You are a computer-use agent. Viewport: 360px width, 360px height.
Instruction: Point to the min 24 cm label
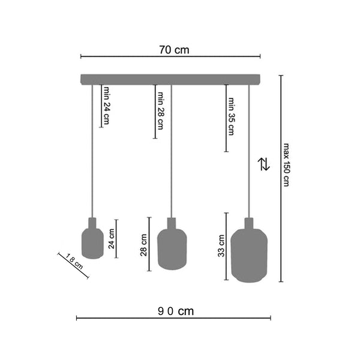[106, 106]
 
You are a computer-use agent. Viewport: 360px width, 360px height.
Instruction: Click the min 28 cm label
[160, 111]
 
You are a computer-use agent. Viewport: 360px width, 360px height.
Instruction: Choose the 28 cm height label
[144, 245]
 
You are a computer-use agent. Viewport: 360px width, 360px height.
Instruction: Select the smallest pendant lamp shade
[92, 240]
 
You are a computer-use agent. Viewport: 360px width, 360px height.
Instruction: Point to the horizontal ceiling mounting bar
[171, 79]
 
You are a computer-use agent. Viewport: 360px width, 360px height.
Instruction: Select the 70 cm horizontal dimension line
[170, 58]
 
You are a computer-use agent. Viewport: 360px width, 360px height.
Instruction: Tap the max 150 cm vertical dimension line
[280, 180]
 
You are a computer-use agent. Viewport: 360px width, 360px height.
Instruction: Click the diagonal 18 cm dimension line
[73, 266]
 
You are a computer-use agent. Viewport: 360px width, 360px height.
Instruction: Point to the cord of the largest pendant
[247, 150]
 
